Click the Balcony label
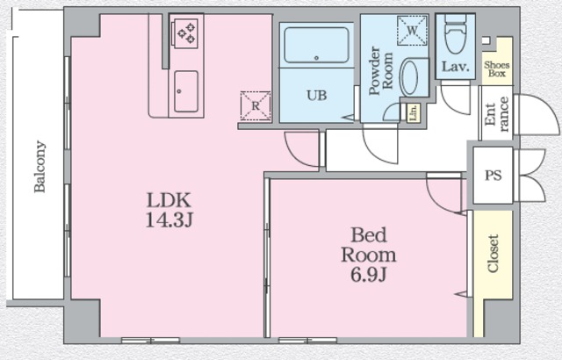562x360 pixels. (40, 167)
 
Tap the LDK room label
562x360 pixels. (169, 200)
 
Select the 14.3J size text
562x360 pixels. (169, 220)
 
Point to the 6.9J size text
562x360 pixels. (368, 275)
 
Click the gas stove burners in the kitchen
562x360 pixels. (186, 33)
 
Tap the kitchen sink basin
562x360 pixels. (186, 91)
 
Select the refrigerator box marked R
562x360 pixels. (256, 105)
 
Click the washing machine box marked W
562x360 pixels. (412, 31)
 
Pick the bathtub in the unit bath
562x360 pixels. (316, 45)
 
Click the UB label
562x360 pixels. (316, 96)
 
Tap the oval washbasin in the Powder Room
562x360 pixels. (408, 77)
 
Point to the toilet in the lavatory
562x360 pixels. (455, 33)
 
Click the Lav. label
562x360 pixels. (455, 67)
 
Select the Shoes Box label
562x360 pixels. (497, 69)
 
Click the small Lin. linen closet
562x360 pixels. (414, 113)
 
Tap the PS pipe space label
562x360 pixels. (494, 175)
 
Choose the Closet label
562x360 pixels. (494, 254)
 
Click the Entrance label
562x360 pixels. (496, 114)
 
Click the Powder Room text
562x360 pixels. (380, 70)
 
